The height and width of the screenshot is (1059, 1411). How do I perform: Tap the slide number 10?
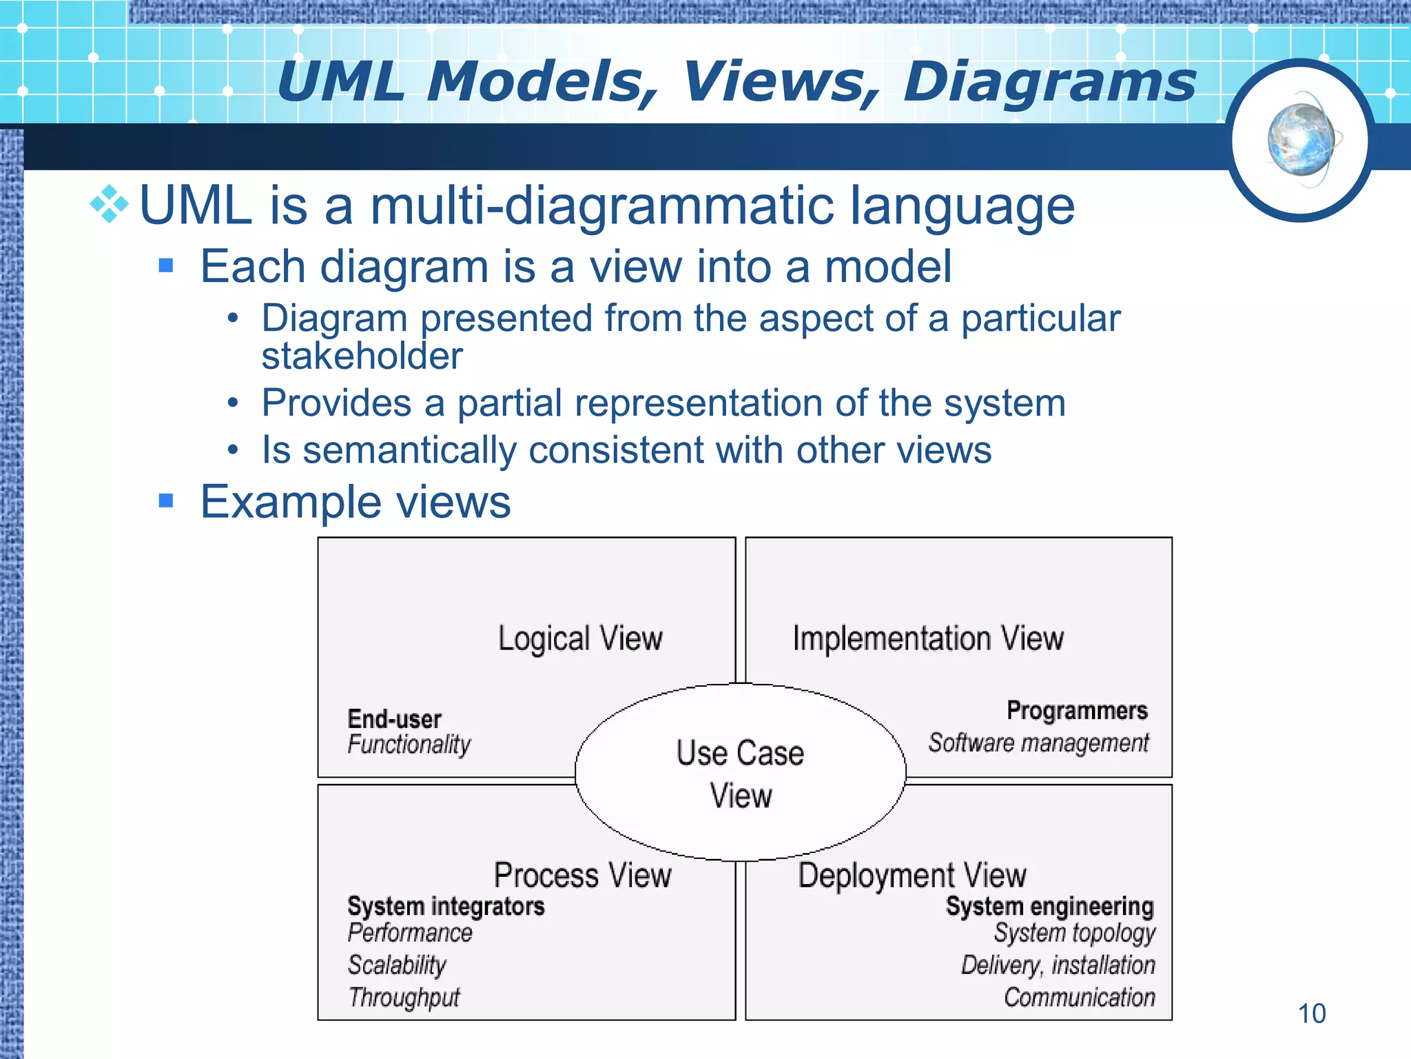coord(1311,1013)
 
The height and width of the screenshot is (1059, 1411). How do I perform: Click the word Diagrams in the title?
coord(1049,83)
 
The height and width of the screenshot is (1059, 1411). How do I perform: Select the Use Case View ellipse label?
coord(741,774)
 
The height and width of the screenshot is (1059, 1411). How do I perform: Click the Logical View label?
coord(580,638)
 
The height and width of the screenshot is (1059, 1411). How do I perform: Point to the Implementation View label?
coord(928,638)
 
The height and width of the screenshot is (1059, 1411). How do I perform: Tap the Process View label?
coord(583,876)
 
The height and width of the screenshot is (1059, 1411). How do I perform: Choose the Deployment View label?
coord(912,876)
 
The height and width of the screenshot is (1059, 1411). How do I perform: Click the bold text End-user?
coord(394,719)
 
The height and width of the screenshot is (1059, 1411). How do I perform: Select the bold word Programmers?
coord(1077,710)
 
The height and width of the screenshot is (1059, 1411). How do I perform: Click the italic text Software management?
coord(1038,743)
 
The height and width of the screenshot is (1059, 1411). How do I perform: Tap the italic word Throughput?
coord(404,997)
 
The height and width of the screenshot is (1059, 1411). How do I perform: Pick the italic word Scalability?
coord(397,965)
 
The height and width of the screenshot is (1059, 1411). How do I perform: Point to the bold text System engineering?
coord(1049,906)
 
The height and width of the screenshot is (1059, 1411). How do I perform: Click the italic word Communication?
coord(1079,997)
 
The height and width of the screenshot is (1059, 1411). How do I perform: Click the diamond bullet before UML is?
coord(110,205)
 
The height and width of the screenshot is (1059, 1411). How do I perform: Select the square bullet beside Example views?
coord(166,501)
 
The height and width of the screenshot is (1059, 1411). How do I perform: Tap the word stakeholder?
coord(362,356)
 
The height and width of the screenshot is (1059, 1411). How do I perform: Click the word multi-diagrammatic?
coord(601,206)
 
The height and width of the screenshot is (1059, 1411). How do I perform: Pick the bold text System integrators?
coord(446,906)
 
